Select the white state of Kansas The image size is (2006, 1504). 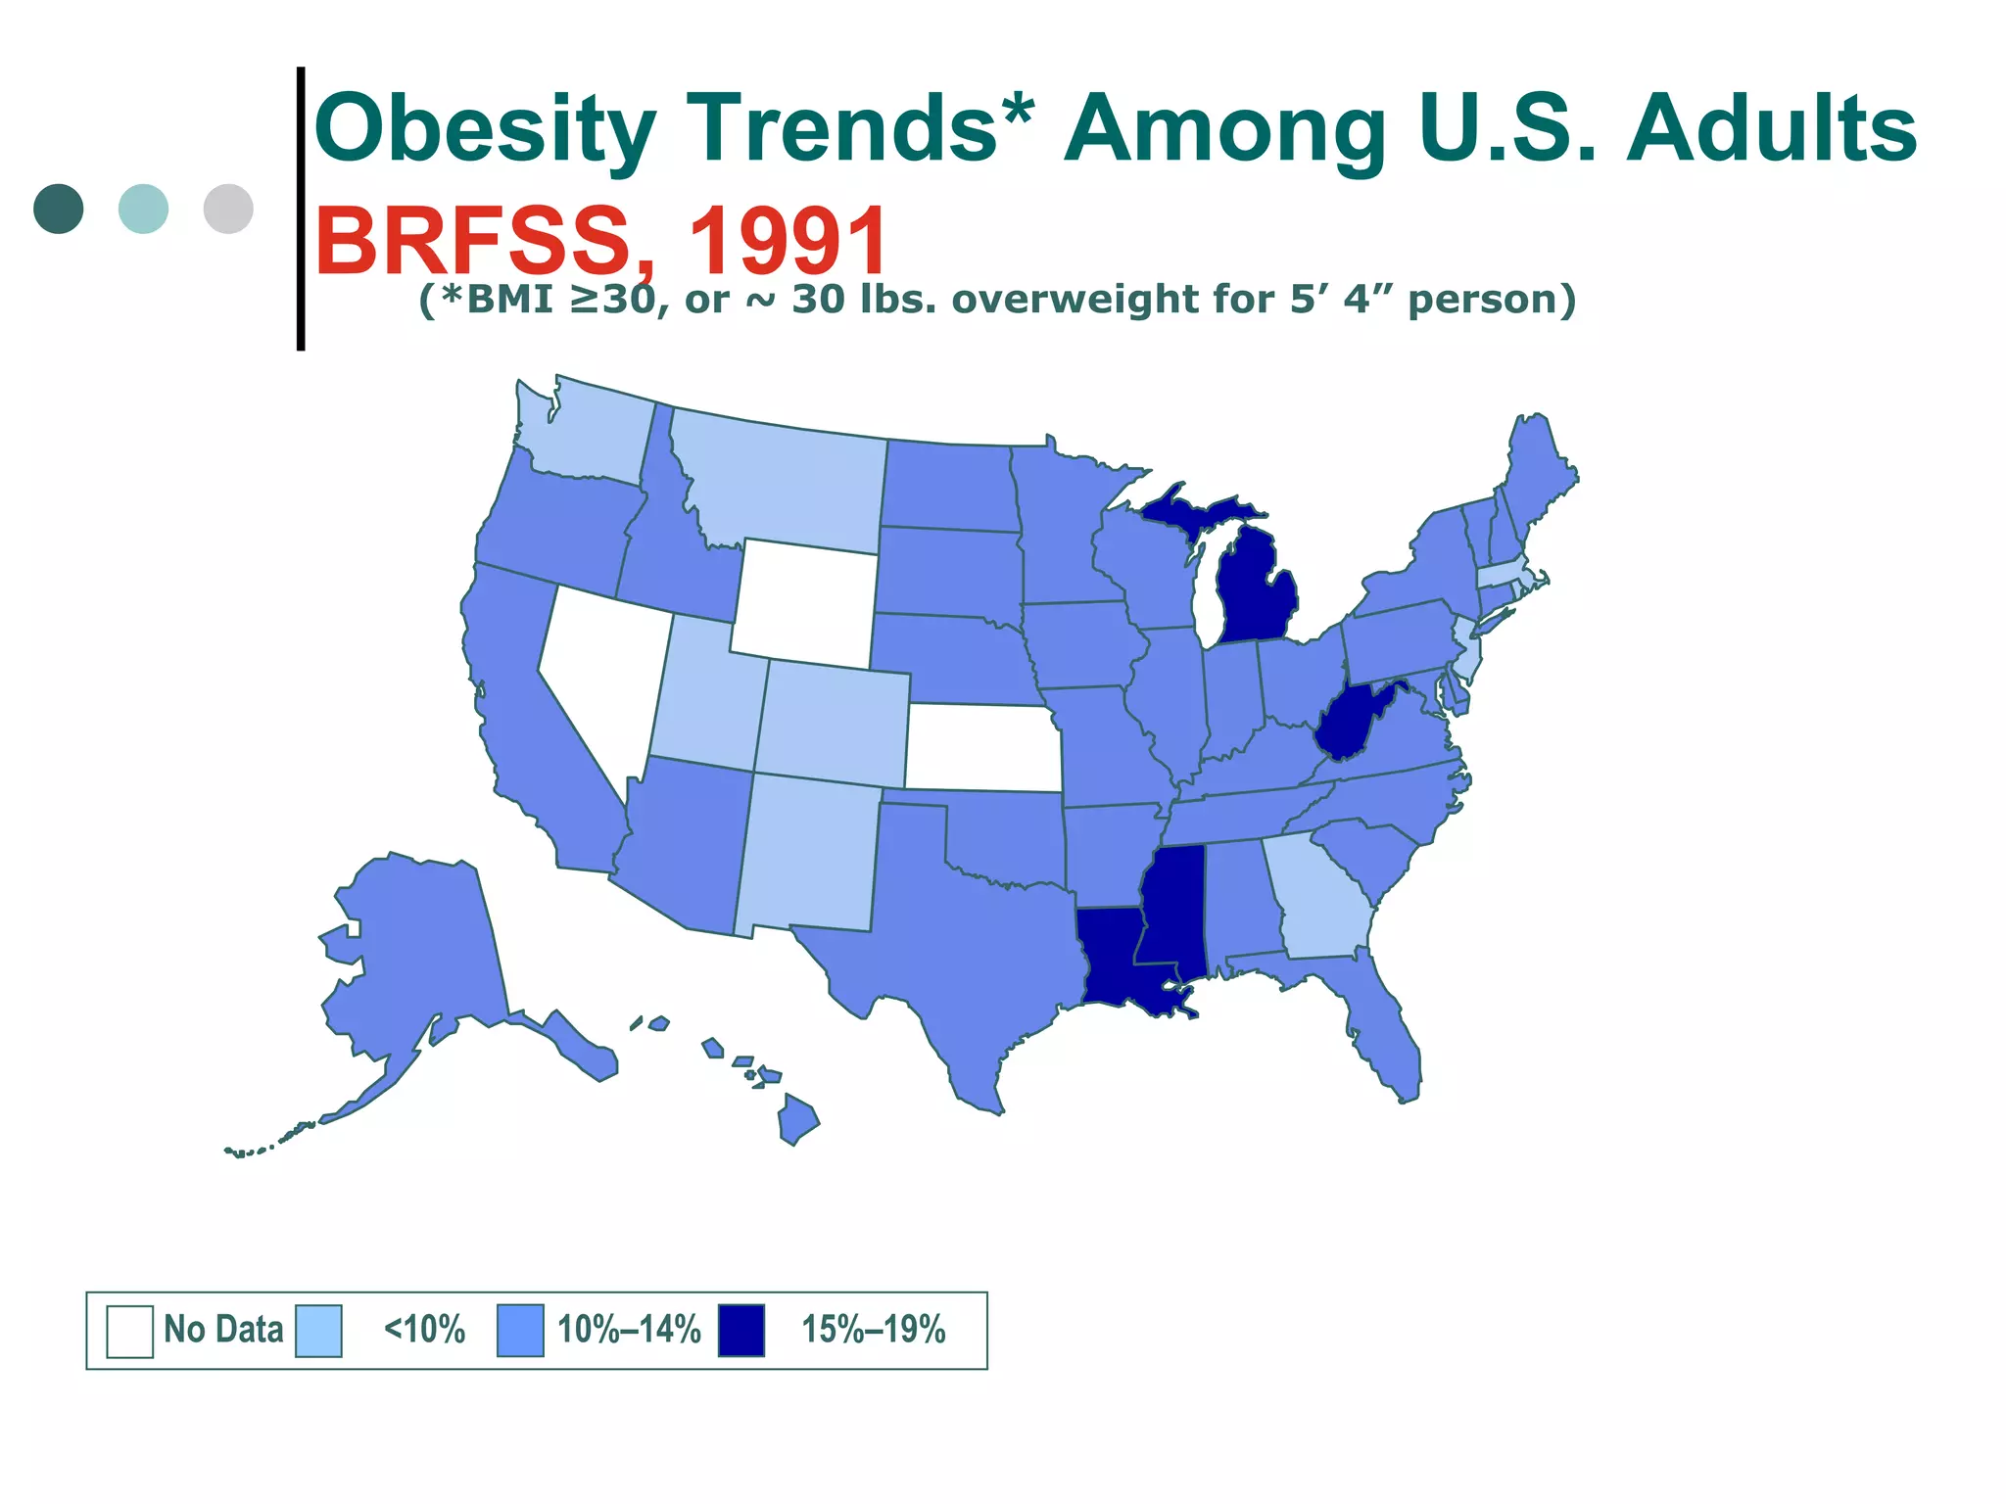coord(984,746)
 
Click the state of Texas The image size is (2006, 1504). coord(940,940)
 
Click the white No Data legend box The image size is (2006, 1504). coord(129,1331)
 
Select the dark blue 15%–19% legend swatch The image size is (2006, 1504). coord(740,1331)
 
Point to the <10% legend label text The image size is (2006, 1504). coord(424,1331)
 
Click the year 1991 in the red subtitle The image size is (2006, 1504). coord(788,242)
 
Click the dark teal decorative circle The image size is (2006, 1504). coord(59,209)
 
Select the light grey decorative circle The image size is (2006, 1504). coord(228,209)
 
